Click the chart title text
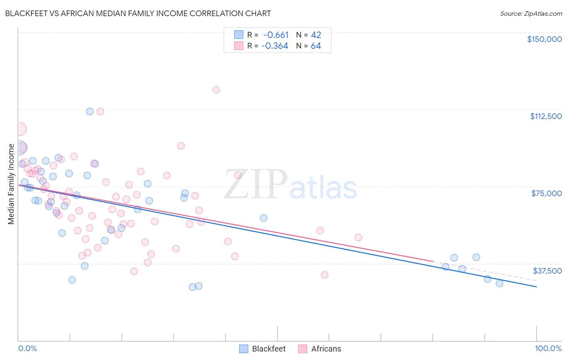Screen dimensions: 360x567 [x=138, y=13]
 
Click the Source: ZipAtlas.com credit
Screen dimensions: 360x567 [x=531, y=13]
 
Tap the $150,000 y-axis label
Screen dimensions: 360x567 [x=544, y=39]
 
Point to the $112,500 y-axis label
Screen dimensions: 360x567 [x=546, y=116]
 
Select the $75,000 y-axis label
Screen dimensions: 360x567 [x=546, y=193]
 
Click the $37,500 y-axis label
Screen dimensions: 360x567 [x=547, y=271]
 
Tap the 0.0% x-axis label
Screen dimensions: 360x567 [x=27, y=348]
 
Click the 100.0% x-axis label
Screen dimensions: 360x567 [x=548, y=348]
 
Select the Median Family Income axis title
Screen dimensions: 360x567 [x=11, y=184]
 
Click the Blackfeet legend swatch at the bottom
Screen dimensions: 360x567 [x=244, y=349]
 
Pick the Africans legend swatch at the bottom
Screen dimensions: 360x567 [x=302, y=349]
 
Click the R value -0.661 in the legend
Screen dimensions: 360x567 [x=276, y=35]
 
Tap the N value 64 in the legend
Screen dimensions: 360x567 [x=316, y=46]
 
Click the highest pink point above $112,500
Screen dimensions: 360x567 [x=216, y=90]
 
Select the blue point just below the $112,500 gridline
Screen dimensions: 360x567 [x=90, y=111]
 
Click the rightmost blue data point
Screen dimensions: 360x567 [x=499, y=283]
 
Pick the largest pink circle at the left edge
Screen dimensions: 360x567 [x=19, y=129]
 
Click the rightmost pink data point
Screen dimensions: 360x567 [x=358, y=238]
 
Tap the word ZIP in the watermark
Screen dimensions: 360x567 [x=255, y=184]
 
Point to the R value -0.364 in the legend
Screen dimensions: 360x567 [x=275, y=46]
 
